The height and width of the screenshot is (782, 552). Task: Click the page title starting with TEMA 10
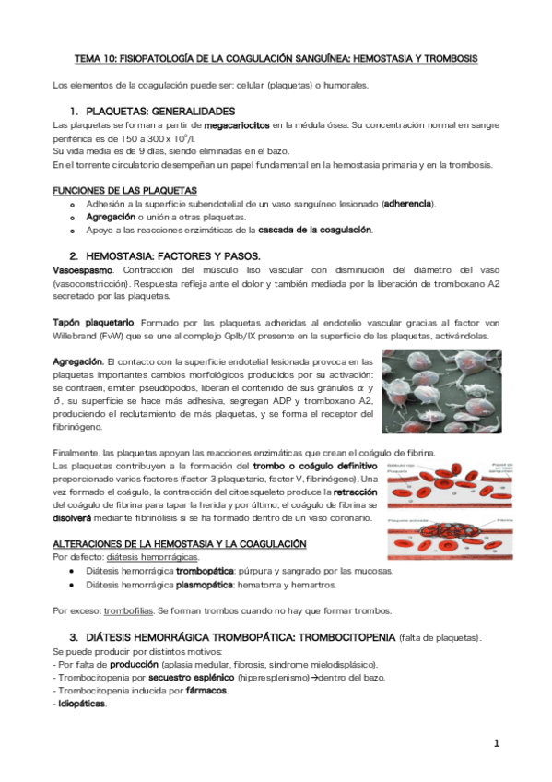276,58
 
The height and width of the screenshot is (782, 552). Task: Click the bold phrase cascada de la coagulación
315,229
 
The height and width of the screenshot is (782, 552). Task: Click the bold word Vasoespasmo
83,269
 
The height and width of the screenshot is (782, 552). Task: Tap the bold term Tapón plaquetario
94,323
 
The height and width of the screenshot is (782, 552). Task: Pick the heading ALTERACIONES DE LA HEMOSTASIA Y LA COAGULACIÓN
179,544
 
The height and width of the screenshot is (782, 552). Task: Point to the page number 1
496,743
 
